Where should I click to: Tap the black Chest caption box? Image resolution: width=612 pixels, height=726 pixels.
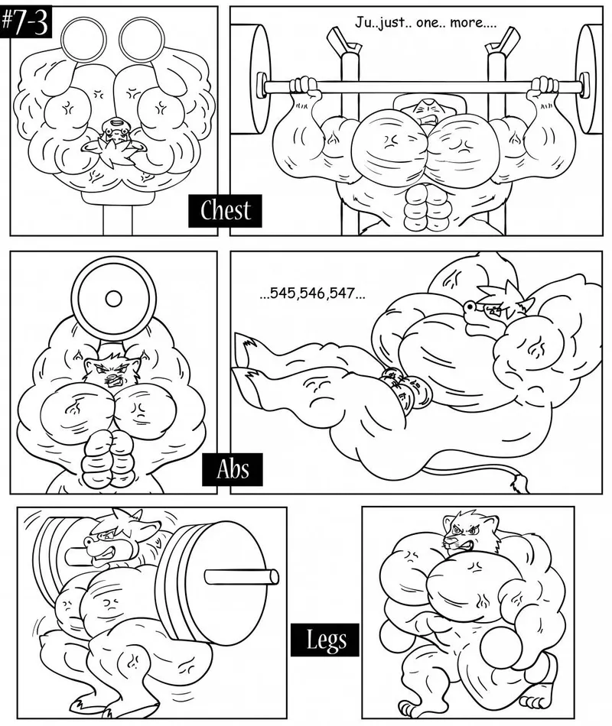[x=225, y=211]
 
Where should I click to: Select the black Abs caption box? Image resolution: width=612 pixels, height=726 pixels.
[x=233, y=469]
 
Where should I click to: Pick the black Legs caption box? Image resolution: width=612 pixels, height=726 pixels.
[x=325, y=640]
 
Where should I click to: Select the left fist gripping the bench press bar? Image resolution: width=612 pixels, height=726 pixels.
[x=305, y=86]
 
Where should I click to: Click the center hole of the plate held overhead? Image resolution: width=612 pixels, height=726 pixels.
[x=113, y=299]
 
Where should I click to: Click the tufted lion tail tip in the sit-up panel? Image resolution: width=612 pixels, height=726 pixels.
[x=519, y=484]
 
